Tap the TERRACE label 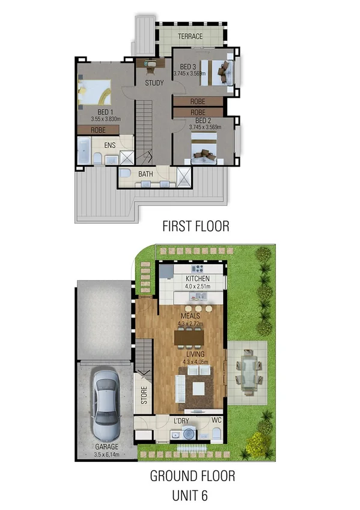click(190, 37)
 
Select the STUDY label click(154, 83)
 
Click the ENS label click(109, 145)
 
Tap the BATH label click(145, 175)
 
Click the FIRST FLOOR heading click(196, 226)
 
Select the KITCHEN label click(197, 279)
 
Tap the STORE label click(144, 395)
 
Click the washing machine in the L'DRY click(189, 434)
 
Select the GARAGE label click(106, 447)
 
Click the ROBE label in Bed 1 click(99, 129)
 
